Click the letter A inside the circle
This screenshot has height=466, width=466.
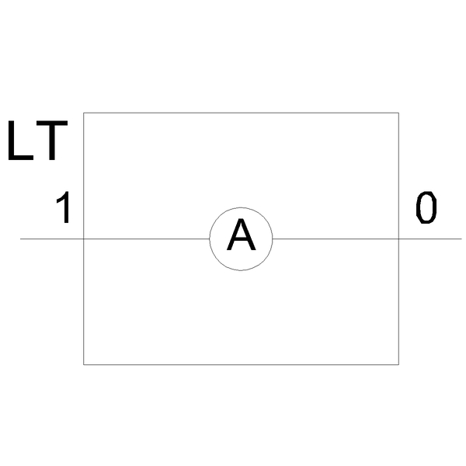[x=241, y=235]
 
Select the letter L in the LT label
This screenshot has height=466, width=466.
[x=20, y=141]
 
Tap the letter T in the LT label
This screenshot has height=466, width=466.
[x=52, y=141]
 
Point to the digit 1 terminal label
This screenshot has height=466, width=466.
[x=64, y=207]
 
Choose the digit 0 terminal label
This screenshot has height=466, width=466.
[x=426, y=207]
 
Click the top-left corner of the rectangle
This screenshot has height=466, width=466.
[x=84, y=113]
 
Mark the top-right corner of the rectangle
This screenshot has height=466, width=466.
[x=398, y=113]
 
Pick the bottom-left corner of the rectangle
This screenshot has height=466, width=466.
[x=84, y=364]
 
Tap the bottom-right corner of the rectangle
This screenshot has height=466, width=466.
[x=398, y=364]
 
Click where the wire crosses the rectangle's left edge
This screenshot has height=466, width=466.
[x=84, y=238]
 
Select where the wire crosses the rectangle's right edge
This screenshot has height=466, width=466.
[x=398, y=238]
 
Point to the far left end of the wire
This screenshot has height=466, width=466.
[x=20, y=238]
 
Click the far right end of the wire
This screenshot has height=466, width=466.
[x=461, y=238]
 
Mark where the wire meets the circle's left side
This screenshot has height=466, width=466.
[x=210, y=238]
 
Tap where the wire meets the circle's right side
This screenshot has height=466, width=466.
[x=273, y=238]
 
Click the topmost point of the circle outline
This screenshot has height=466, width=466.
[x=241, y=207]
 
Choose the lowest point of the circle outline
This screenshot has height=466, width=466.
[x=241, y=270]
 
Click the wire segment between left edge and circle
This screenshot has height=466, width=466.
[x=147, y=238]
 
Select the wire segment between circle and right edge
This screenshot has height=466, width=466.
[x=336, y=238]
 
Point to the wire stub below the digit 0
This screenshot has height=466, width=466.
[x=430, y=238]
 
